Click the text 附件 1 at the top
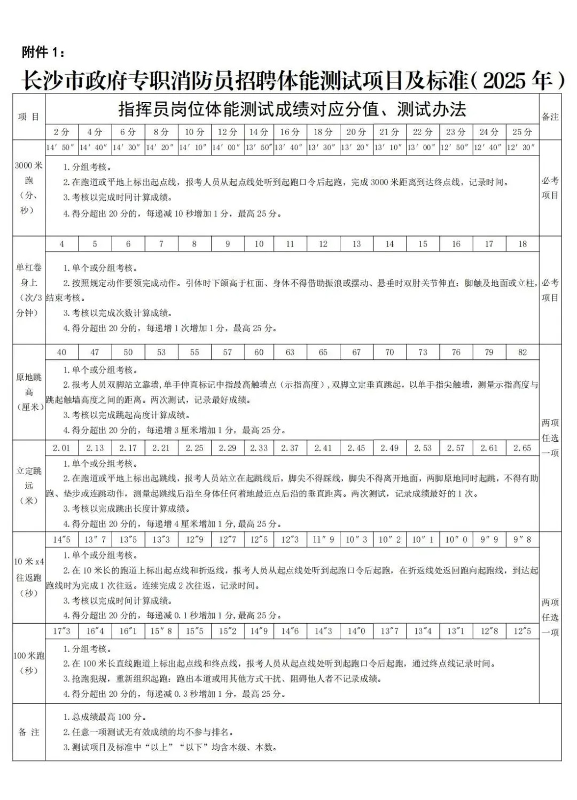tap(44, 52)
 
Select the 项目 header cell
tap(29, 116)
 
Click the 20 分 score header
tap(356, 131)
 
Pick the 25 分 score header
tap(522, 131)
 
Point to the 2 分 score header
tap(61, 131)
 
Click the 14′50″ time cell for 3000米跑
tap(61, 147)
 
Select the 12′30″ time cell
tap(522, 147)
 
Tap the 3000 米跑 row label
tap(28, 187)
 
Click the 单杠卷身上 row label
tap(28, 290)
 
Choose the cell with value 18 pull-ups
tap(522, 244)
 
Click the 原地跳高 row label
tap(28, 392)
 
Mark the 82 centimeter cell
tap(522, 352)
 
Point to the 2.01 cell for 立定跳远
tap(61, 448)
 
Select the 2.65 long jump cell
tap(522, 448)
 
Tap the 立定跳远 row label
tap(28, 486)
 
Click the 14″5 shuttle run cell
tap(61, 539)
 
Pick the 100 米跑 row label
tap(28, 663)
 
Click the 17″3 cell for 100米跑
tap(61, 631)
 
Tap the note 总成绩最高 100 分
tap(105, 717)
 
